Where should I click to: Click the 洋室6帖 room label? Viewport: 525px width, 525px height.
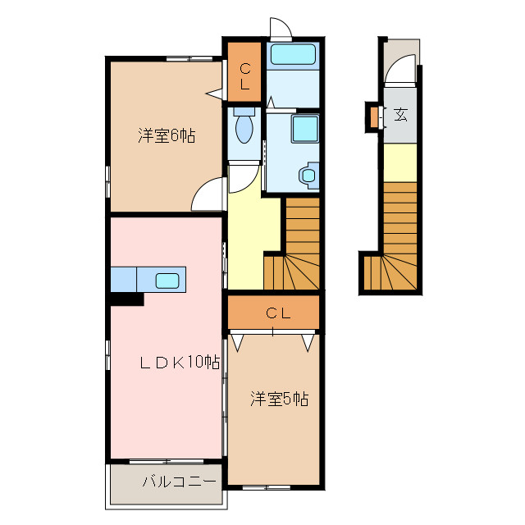click(x=166, y=136)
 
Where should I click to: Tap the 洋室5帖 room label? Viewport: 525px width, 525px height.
click(x=279, y=399)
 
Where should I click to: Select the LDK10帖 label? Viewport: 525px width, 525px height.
click(x=178, y=362)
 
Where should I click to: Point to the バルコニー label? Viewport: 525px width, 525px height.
click(x=179, y=482)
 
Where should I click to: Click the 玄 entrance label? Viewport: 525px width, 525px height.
click(x=400, y=114)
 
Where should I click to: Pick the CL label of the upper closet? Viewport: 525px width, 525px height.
click(x=244, y=76)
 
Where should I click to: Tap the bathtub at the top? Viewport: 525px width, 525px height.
click(x=293, y=56)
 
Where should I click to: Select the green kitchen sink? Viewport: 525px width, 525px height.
click(x=168, y=281)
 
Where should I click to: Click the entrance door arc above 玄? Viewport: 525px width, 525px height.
click(x=399, y=73)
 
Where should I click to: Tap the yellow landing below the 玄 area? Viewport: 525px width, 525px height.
click(x=400, y=162)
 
